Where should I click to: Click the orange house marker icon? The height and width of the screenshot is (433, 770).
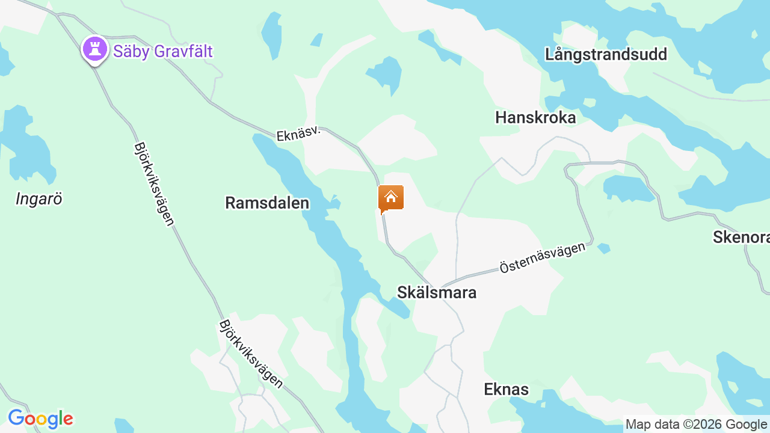(x=391, y=198)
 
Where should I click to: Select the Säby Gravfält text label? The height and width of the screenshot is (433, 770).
(x=162, y=51)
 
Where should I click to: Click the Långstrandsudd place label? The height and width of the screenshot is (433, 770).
(x=606, y=54)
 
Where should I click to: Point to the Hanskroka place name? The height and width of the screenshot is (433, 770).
(x=535, y=117)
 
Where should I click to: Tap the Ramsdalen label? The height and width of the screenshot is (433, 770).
(x=267, y=203)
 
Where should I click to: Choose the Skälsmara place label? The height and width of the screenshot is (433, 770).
(x=437, y=292)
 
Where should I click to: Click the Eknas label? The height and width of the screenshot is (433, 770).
(x=506, y=389)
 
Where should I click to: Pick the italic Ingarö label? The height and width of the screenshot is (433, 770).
(x=39, y=199)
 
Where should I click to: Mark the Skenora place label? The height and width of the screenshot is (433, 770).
(x=741, y=237)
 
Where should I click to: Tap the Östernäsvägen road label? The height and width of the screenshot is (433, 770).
(x=542, y=258)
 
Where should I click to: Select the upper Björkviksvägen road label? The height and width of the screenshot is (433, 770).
(x=154, y=183)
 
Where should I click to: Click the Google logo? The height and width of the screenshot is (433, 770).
(x=40, y=419)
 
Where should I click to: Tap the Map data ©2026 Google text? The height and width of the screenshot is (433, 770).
(x=696, y=425)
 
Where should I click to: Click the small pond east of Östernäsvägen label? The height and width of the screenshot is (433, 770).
(x=604, y=248)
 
